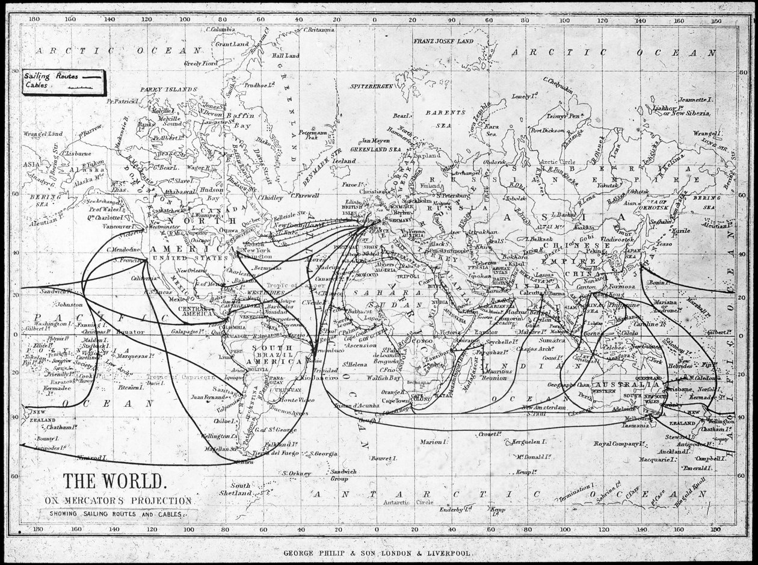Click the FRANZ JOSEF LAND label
point(443,41)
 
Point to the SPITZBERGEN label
point(372,87)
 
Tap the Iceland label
point(345,161)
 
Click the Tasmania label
point(635,425)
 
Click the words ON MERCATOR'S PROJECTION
point(118,500)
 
